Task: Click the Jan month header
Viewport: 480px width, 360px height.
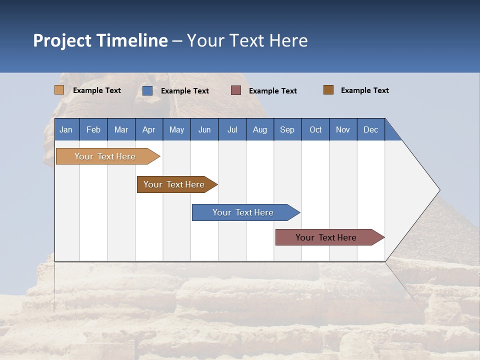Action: (66, 129)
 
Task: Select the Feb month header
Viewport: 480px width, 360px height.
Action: (93, 129)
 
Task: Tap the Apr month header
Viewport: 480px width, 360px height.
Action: (148, 129)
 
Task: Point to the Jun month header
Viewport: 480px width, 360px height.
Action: (204, 129)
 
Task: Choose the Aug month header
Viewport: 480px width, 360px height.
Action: (259, 129)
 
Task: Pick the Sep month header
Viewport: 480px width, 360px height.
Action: (287, 129)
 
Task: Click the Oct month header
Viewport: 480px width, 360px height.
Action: (315, 129)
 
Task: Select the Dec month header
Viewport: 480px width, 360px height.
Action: (370, 129)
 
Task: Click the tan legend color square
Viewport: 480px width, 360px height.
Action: (59, 90)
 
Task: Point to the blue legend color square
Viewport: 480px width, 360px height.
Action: (147, 90)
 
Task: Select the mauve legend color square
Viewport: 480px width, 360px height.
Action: (236, 90)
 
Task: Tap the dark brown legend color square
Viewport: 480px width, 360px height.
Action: (328, 90)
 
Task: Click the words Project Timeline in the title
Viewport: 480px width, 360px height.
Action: (100, 40)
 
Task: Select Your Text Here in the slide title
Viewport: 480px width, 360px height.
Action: (247, 40)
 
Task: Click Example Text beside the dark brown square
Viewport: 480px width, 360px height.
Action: (364, 90)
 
